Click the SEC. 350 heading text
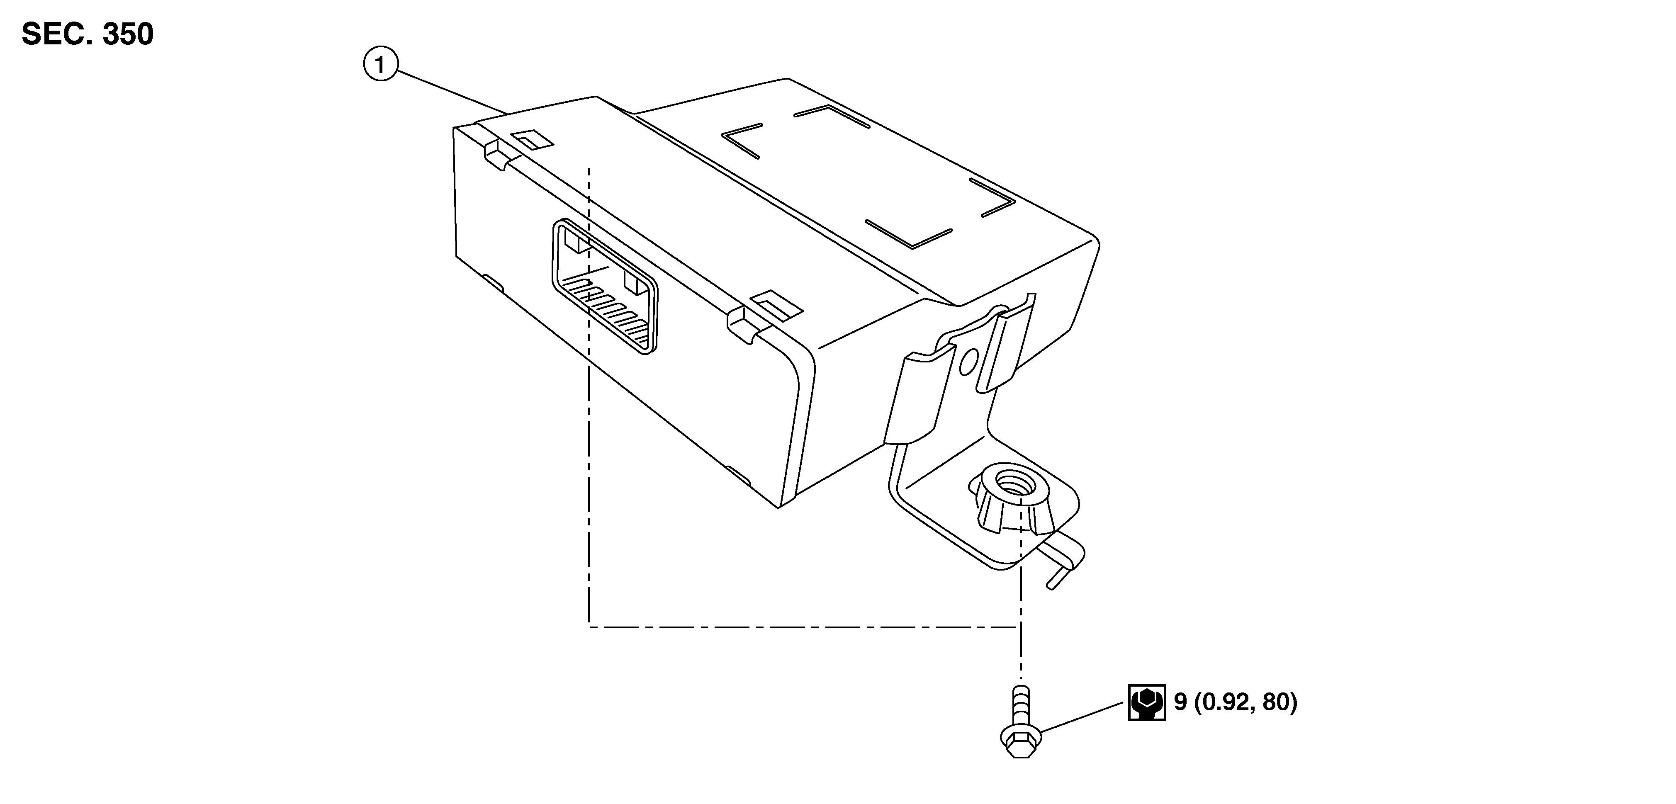(x=88, y=34)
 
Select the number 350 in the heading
(x=127, y=34)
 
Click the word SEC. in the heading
(x=57, y=34)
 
